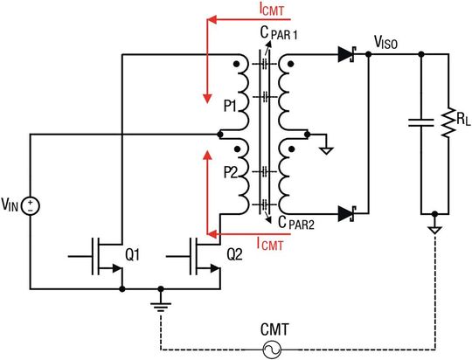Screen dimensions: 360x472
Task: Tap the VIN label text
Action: pos(10,206)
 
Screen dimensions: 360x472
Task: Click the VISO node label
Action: pos(386,40)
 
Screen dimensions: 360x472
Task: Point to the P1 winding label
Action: pos(230,106)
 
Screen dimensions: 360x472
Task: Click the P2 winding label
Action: pos(230,170)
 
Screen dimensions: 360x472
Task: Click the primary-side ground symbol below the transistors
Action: pos(161,306)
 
